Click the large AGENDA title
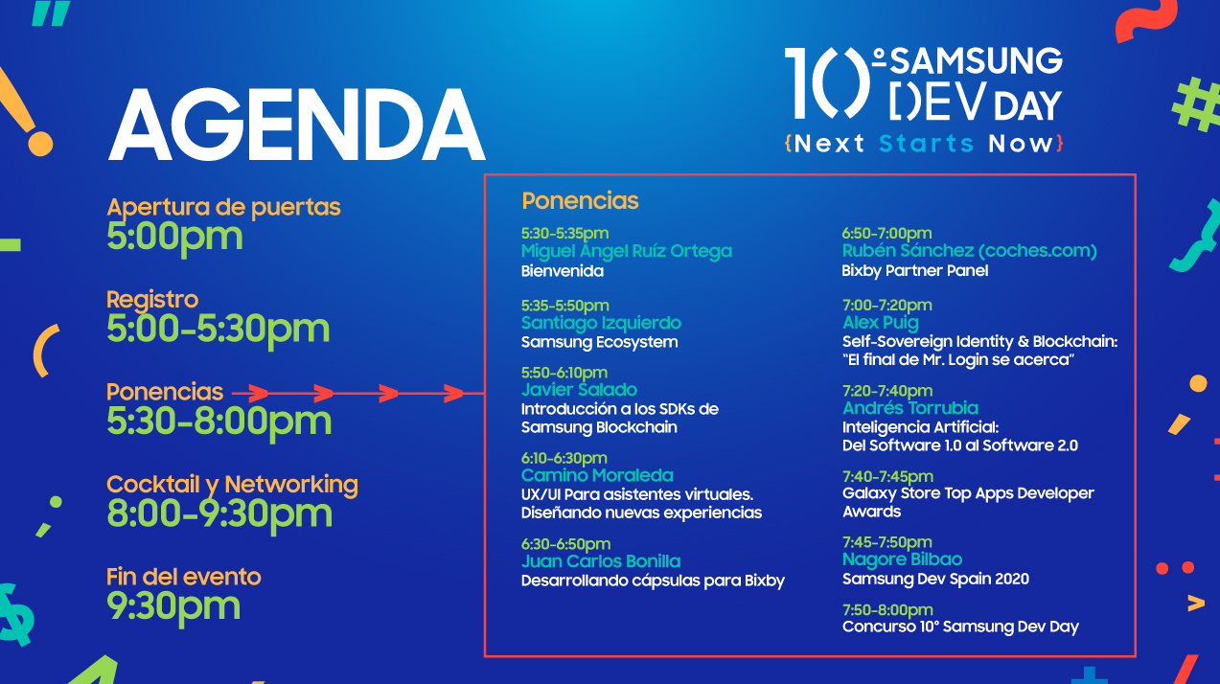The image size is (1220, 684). [296, 126]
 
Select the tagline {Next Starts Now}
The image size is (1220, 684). [923, 144]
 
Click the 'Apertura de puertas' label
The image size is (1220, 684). [223, 207]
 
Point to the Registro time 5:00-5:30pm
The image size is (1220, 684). [218, 329]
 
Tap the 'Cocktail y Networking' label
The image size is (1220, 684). [232, 485]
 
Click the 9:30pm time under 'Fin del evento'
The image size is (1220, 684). [173, 605]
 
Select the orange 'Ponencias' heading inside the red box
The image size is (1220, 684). [580, 201]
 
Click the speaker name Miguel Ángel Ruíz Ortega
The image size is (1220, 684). [626, 251]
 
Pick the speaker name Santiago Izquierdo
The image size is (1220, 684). [601, 323]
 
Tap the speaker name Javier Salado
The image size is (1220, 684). [579, 390]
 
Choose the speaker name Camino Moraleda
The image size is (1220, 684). [597, 475]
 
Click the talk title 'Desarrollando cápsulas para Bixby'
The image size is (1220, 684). [653, 581]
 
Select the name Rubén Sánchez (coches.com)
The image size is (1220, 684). [969, 251]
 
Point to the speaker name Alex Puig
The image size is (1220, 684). [880, 323]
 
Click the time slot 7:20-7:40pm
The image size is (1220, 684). [886, 391]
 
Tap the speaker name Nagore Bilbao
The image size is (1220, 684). [902, 559]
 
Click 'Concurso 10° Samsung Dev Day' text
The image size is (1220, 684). [960, 627]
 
